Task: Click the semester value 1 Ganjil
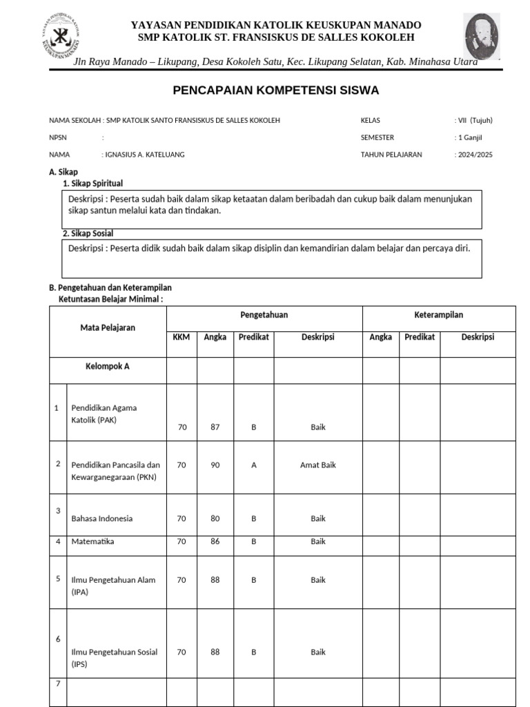(x=469, y=137)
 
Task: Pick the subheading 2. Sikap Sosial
(x=88, y=233)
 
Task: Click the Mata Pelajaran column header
(x=108, y=327)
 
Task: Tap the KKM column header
(x=181, y=337)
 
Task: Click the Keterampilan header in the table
(x=438, y=315)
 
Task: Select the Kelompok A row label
(x=107, y=367)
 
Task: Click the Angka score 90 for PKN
(x=215, y=465)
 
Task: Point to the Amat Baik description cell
(x=317, y=465)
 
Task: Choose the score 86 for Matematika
(x=215, y=542)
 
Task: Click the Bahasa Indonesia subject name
(x=101, y=519)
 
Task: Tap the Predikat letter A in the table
(x=253, y=465)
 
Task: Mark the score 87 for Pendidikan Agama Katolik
(x=215, y=427)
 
